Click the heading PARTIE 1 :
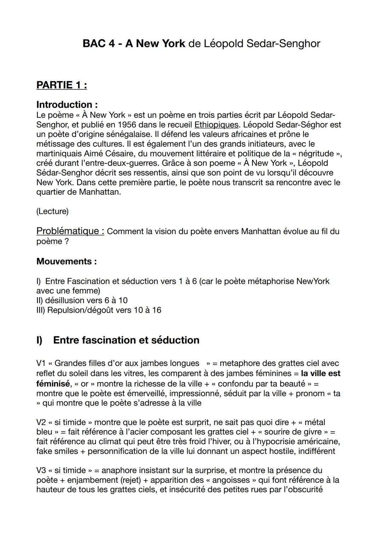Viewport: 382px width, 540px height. [62, 85]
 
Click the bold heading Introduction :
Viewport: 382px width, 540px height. [67, 105]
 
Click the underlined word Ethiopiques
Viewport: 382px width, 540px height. [216, 125]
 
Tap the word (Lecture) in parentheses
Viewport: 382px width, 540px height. [52, 211]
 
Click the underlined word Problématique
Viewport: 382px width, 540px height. [70, 231]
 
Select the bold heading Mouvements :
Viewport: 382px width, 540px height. [66, 261]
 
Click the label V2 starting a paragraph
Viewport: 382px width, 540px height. [41, 422]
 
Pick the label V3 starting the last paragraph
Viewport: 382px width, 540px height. [41, 470]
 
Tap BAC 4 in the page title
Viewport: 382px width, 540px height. [98, 43]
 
